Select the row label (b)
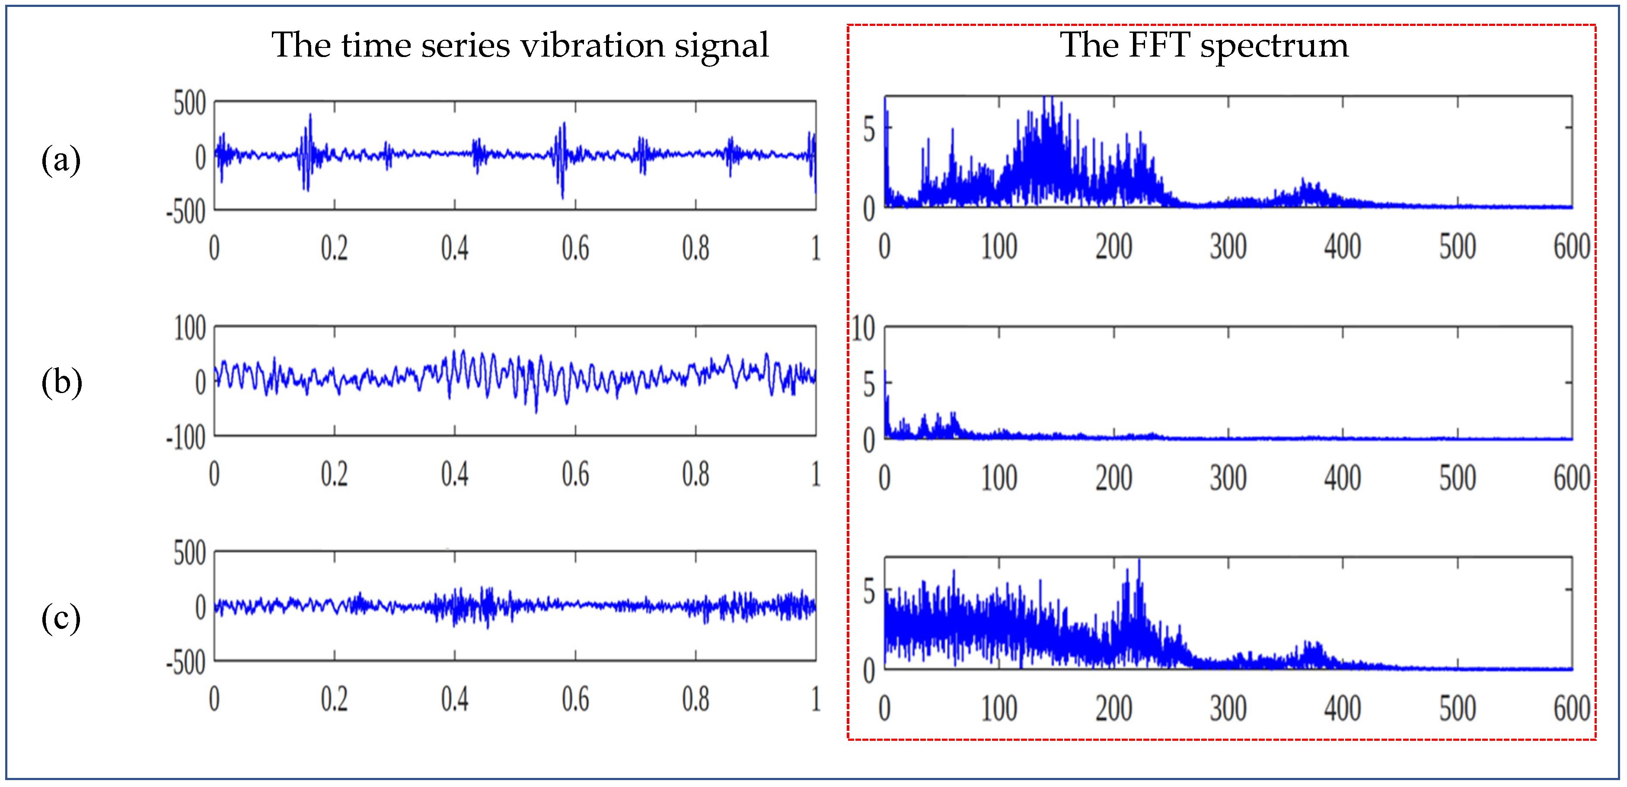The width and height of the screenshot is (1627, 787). click(x=61, y=382)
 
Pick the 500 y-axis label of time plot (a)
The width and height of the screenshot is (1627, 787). click(x=189, y=104)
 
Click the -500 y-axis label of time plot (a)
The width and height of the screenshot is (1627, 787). click(x=186, y=212)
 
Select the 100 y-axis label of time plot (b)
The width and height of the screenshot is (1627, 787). click(x=189, y=329)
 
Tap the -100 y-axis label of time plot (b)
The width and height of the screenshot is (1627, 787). click(x=186, y=438)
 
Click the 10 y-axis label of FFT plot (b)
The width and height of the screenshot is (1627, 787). click(x=863, y=329)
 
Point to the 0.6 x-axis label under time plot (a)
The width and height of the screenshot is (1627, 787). click(x=575, y=248)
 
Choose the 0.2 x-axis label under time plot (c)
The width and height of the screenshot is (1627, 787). click(x=334, y=699)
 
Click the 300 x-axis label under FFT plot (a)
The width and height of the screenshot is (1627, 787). click(x=1228, y=247)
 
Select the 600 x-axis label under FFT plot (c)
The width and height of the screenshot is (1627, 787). click(x=1571, y=708)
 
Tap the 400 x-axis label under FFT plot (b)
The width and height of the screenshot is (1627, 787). click(x=1343, y=478)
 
